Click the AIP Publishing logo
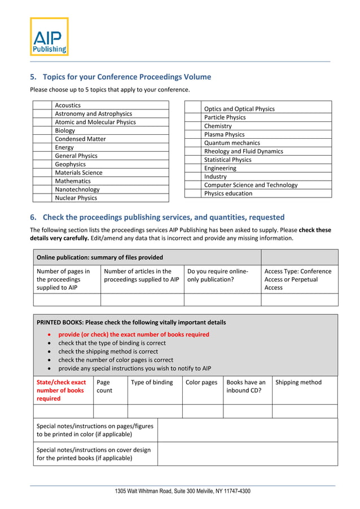49,37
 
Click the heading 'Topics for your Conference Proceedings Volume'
126,77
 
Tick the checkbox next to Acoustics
42,105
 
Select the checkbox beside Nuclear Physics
42,198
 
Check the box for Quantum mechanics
193,143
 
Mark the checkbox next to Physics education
193,194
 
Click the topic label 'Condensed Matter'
80,139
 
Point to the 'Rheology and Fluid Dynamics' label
243,151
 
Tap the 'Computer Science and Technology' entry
251,185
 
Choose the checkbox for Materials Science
42,173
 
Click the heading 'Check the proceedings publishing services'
163,217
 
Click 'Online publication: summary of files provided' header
100,257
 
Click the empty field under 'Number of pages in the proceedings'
67,300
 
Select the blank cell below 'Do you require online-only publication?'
222,300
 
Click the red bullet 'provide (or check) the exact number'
134,335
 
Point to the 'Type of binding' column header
152,383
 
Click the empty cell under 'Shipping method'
305,411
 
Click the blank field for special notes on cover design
247,454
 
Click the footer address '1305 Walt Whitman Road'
183,492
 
